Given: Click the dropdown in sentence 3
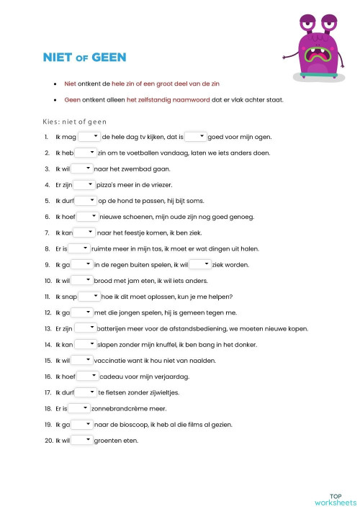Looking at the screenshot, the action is (x=82, y=168).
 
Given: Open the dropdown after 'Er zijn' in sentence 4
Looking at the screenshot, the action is (x=84, y=184).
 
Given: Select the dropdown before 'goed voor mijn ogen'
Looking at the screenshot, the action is (x=195, y=136).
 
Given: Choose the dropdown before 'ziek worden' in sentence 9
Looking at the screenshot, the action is (x=199, y=264).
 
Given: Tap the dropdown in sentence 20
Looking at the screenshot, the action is (x=82, y=440).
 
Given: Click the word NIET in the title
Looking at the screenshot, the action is (x=59, y=56).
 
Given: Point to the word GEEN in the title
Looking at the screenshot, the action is (x=107, y=56).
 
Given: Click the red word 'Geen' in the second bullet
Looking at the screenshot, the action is (x=72, y=99).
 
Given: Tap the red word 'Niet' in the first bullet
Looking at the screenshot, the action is (x=71, y=84).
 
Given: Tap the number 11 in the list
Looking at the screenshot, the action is (x=47, y=297).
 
